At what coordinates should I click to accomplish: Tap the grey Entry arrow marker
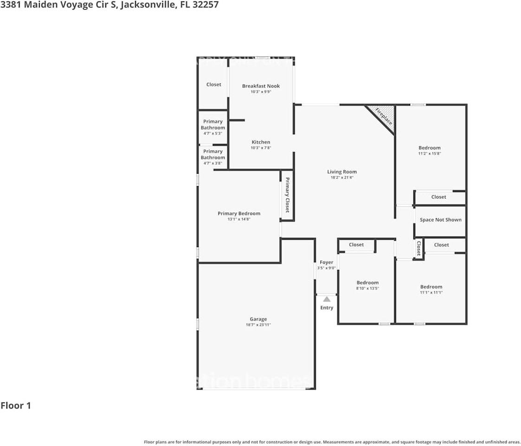click(327, 299)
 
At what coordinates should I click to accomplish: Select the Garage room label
click(258, 319)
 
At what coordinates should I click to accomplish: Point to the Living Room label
click(342, 172)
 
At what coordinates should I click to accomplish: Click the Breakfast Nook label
click(261, 86)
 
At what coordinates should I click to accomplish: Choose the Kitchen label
click(261, 142)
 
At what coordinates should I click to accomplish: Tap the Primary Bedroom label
click(239, 214)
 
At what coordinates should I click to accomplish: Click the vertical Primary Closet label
click(287, 195)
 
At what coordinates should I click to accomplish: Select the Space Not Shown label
click(440, 220)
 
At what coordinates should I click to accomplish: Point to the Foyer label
click(327, 262)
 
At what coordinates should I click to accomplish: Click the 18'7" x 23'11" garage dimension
click(258, 325)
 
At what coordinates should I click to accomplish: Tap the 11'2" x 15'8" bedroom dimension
click(430, 154)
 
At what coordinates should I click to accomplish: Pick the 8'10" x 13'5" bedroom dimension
click(367, 289)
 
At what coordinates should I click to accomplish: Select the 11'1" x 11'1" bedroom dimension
click(431, 293)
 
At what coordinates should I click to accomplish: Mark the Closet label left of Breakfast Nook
click(214, 85)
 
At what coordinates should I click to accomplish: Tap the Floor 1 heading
click(16, 406)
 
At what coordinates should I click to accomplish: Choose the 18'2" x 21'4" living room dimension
click(342, 178)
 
